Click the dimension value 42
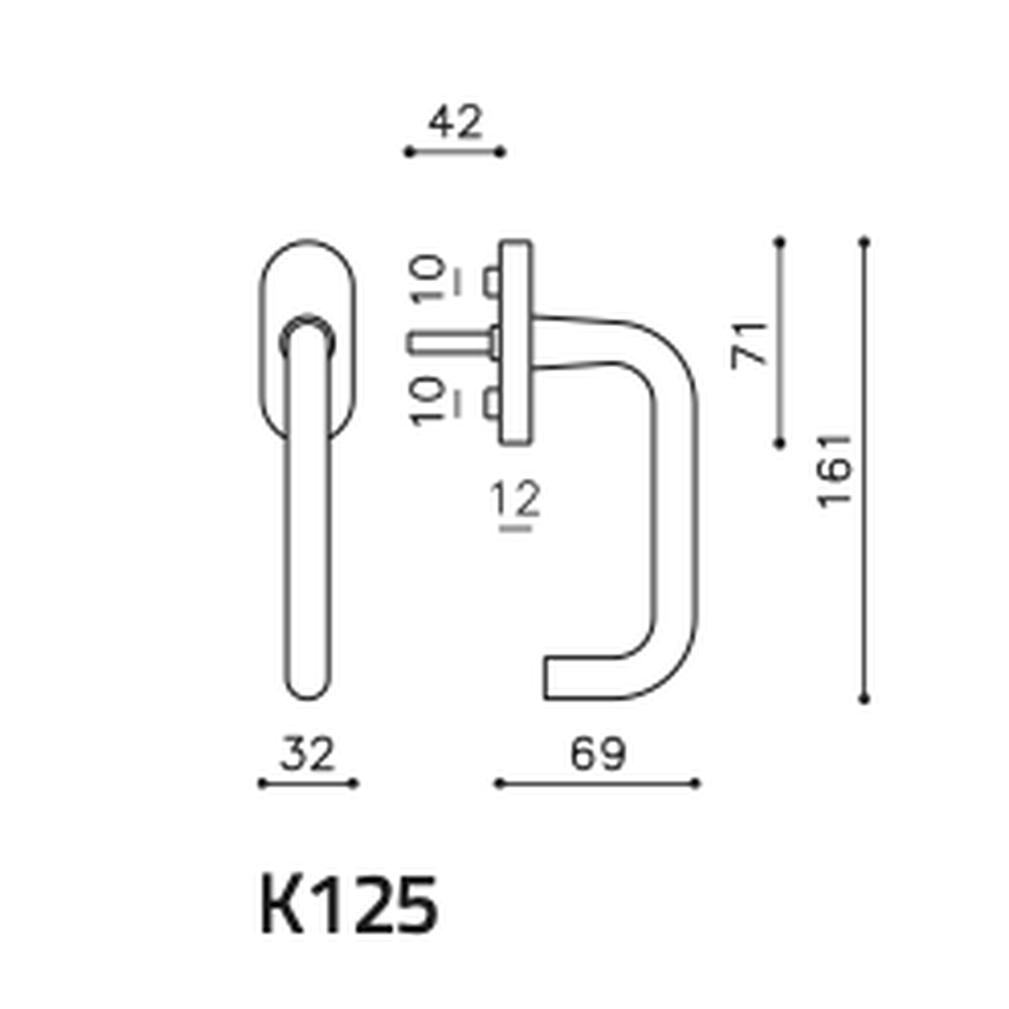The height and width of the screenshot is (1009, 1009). tap(455, 122)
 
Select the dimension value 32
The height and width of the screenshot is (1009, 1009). tap(307, 754)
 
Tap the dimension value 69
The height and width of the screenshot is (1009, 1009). tap(597, 754)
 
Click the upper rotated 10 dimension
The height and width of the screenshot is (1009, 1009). tap(429, 278)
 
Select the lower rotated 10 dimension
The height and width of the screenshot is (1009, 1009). tap(429, 402)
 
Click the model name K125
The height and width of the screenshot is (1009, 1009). tap(348, 904)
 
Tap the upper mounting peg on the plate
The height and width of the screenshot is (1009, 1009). tap(491, 281)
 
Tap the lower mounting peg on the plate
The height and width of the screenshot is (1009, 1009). tap(491, 405)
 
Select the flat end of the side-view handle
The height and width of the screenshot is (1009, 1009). tap(546, 678)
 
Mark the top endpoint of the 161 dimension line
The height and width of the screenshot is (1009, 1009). tap(864, 242)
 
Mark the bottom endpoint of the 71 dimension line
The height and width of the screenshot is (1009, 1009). tap(780, 443)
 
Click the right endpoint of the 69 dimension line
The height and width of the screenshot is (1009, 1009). tap(697, 784)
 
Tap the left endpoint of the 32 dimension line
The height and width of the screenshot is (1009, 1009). tap(262, 784)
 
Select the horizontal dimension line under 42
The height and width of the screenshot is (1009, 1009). tap(455, 151)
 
